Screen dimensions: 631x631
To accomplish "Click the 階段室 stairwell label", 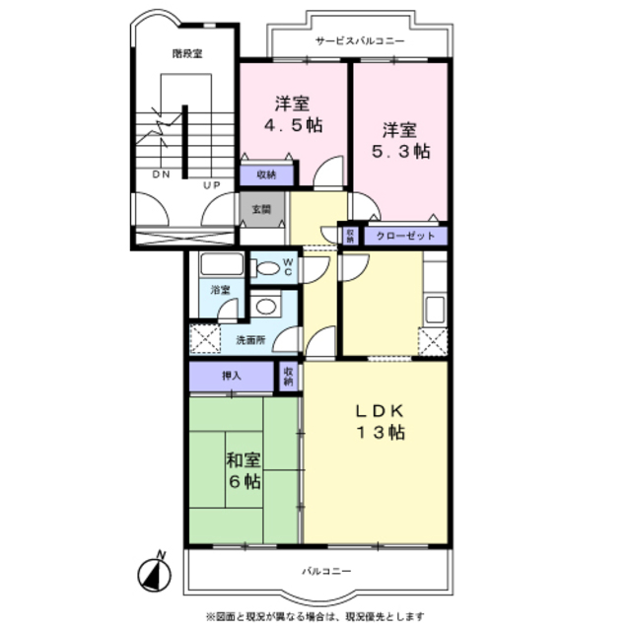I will pyautogui.click(x=186, y=53).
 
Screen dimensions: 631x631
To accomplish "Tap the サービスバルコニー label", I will pyautogui.click(x=360, y=41).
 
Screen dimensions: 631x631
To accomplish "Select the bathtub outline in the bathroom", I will pyautogui.click(x=222, y=266).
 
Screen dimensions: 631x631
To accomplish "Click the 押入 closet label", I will pyautogui.click(x=230, y=376).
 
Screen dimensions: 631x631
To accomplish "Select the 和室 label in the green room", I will pyautogui.click(x=244, y=460).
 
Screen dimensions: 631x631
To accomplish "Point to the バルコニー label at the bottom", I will pyautogui.click(x=326, y=571).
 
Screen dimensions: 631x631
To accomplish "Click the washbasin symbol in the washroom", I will pyautogui.click(x=263, y=307).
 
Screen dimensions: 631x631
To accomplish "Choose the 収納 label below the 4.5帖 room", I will pyautogui.click(x=266, y=175).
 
